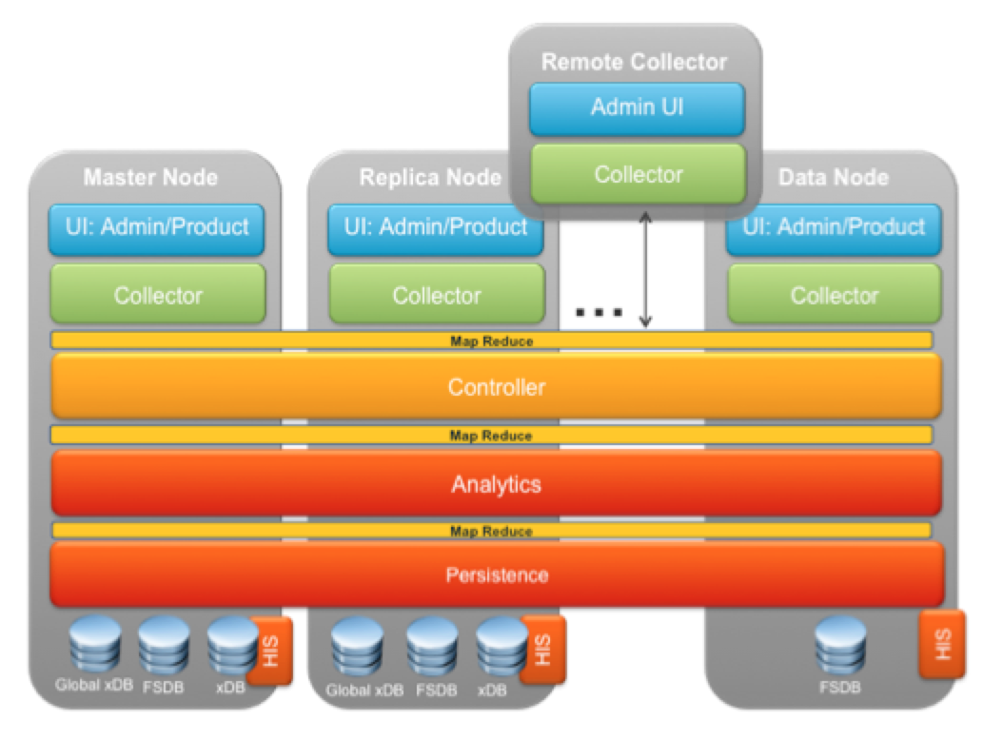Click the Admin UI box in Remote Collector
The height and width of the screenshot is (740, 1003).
[x=637, y=107]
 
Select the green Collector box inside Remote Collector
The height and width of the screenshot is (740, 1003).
[x=637, y=174]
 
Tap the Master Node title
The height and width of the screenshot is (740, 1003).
[x=150, y=178]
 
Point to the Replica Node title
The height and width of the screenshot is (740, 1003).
[x=429, y=178]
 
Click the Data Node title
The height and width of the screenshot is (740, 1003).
[x=833, y=178]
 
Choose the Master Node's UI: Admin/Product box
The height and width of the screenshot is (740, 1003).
[x=157, y=227]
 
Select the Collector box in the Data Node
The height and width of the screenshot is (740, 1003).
[x=834, y=295]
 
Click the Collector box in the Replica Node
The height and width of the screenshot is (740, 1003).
[x=437, y=295]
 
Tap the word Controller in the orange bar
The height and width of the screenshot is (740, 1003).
[x=496, y=387]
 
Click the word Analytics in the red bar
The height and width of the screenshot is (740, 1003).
[x=496, y=484]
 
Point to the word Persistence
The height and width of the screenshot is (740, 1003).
[x=496, y=575]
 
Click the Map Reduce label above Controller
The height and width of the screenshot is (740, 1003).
[x=491, y=341]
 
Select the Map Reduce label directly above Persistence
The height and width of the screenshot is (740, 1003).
[x=491, y=531]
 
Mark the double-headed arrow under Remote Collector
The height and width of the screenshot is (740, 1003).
[x=645, y=269]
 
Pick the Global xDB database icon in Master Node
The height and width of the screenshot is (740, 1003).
[x=94, y=644]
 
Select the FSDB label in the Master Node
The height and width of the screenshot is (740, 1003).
[x=164, y=687]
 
